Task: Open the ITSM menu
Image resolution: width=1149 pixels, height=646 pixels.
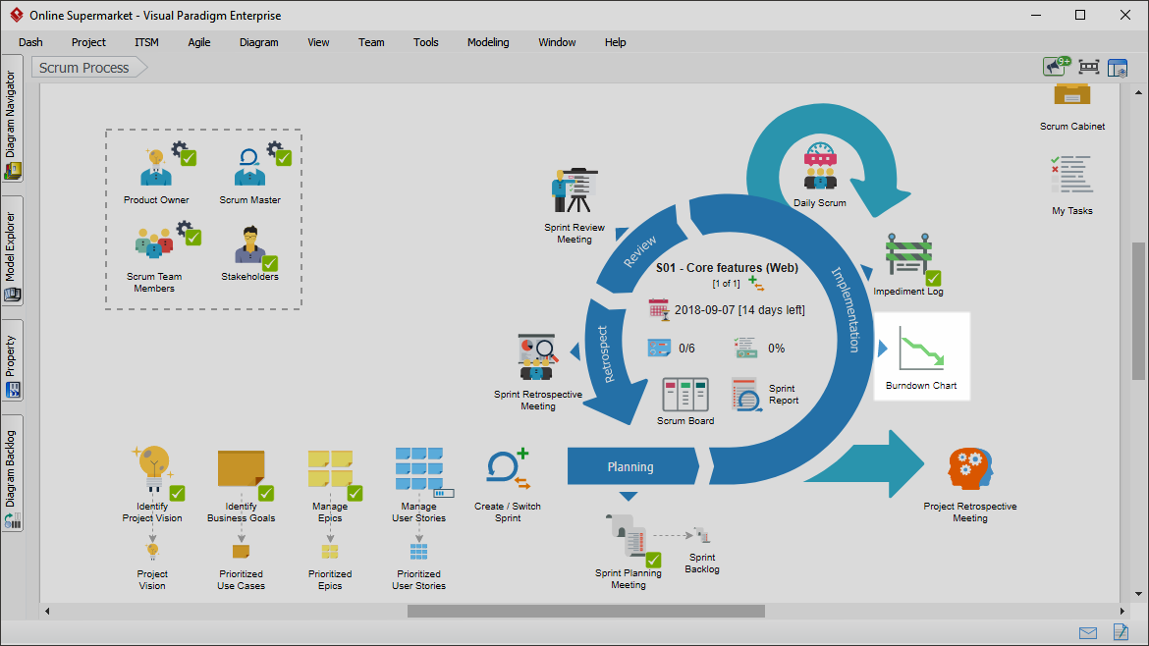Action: point(146,42)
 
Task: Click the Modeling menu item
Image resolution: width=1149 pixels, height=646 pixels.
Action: point(488,42)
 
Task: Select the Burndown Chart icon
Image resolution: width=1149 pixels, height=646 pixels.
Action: point(921,349)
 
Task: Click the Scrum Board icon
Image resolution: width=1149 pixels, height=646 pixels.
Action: point(685,395)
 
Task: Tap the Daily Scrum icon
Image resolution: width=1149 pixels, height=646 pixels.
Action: point(820,166)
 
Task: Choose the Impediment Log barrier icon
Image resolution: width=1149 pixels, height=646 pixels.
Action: point(908,255)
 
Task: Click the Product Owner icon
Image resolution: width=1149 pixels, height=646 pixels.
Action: point(156,168)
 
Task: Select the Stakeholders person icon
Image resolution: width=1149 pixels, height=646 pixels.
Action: point(249,245)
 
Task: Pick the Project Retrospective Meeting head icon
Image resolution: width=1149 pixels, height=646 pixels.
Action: point(970,468)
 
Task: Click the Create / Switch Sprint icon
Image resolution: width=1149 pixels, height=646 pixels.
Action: point(508,468)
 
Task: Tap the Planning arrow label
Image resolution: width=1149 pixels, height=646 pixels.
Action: point(630,467)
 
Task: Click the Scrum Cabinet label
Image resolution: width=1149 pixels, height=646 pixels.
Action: point(1072,127)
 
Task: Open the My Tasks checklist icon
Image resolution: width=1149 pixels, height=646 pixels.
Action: point(1072,175)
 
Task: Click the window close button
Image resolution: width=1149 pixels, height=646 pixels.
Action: point(1125,15)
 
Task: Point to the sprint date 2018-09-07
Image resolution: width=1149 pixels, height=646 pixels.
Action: point(704,310)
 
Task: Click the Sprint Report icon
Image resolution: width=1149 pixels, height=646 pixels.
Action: point(746,395)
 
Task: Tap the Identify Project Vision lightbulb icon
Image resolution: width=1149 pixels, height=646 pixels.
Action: point(152,468)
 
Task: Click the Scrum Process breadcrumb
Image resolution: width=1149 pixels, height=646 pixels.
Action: point(84,68)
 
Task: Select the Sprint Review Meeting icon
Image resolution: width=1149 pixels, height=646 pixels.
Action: point(574,191)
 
